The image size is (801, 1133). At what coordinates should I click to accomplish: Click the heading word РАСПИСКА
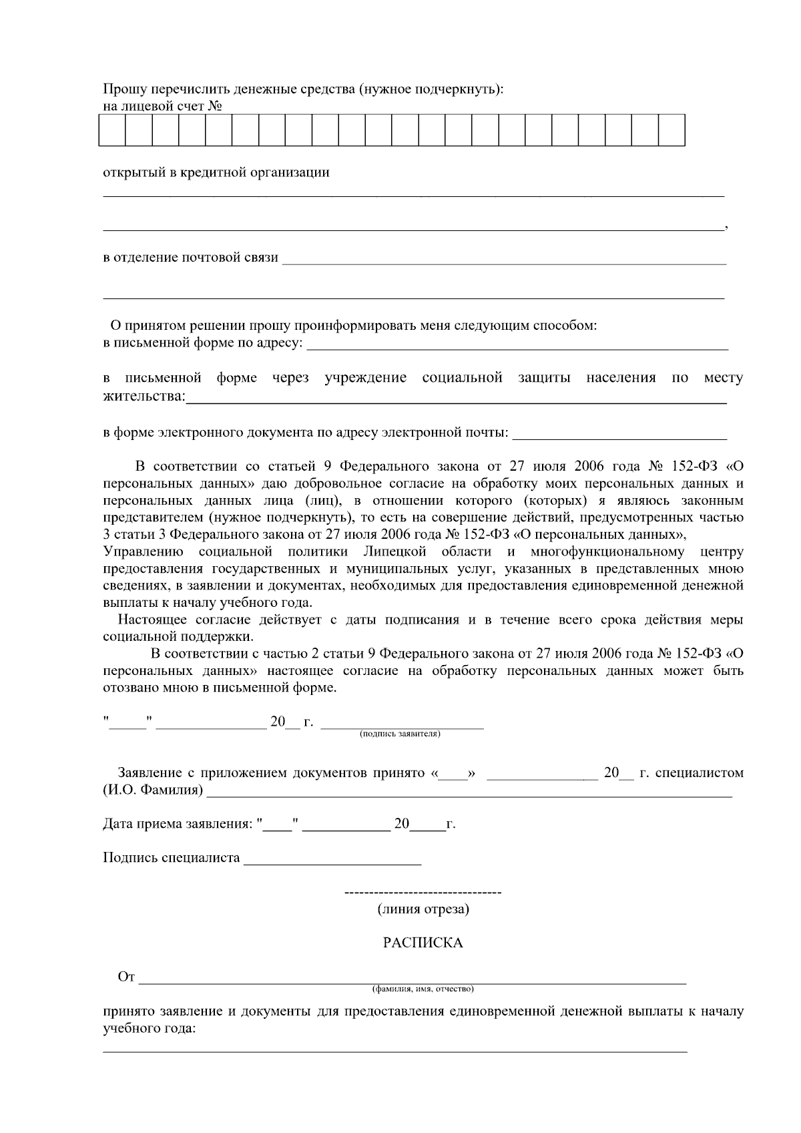[x=423, y=943]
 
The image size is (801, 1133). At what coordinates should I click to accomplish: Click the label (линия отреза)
[x=423, y=909]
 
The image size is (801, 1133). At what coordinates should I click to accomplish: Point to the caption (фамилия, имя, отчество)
[x=423, y=989]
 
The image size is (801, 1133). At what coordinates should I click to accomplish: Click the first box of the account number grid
[x=112, y=130]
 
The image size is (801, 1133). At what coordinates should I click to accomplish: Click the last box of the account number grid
[x=672, y=130]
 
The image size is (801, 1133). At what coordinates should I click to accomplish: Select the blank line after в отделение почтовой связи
[x=504, y=262]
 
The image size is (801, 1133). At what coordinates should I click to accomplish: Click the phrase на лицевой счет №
[x=162, y=106]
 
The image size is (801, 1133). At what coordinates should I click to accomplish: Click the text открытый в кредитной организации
[x=216, y=172]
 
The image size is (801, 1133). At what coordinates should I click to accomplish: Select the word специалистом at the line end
[x=699, y=773]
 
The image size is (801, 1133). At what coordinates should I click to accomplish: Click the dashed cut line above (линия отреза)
[x=423, y=893]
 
